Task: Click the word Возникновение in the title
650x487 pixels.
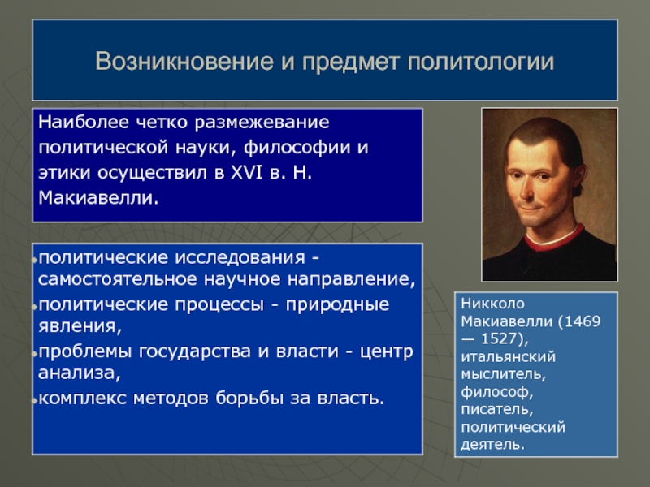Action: (x=184, y=62)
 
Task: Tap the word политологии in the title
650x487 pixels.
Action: (x=481, y=62)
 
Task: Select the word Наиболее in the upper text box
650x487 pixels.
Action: (x=84, y=123)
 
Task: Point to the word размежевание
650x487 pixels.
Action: (x=262, y=123)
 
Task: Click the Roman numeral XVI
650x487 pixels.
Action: (x=247, y=172)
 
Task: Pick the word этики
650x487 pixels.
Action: (x=64, y=173)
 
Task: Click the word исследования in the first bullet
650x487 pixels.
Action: (x=240, y=258)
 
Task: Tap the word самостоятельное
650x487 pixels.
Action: (x=117, y=279)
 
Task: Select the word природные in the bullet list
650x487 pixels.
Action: (x=337, y=305)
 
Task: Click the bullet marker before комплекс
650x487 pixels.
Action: (x=35, y=400)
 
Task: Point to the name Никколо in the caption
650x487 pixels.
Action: (x=493, y=304)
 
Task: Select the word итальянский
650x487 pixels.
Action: (x=509, y=357)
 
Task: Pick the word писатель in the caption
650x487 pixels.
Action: (x=497, y=409)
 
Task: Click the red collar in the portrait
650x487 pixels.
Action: (x=553, y=241)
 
